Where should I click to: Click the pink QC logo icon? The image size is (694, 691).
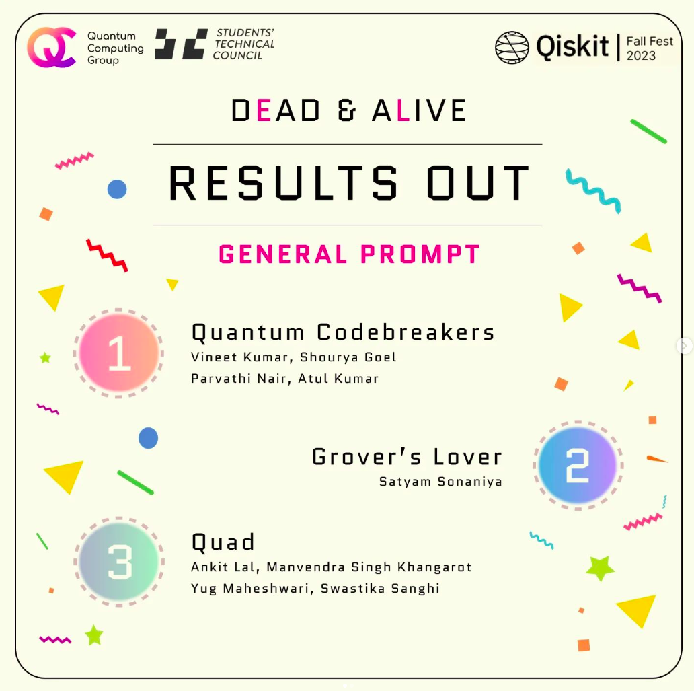51,48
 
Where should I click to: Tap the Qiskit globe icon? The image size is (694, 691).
512,48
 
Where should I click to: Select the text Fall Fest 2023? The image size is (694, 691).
649,48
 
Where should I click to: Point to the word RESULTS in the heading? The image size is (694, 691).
283,184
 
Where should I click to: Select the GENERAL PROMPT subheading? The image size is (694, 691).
349,254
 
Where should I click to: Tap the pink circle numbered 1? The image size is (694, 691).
119,353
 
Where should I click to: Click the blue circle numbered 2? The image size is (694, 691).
578,465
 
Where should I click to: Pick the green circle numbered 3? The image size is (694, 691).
119,561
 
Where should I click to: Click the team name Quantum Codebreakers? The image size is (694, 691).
343,332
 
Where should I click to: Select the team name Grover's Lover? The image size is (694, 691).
407,457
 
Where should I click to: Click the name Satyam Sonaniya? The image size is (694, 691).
440,482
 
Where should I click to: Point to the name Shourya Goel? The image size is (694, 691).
348,357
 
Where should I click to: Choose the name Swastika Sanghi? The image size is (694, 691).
380,589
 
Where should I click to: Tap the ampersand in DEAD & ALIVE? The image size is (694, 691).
346,111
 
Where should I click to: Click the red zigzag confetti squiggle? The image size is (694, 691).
107,255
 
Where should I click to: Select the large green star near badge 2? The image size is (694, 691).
600,568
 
